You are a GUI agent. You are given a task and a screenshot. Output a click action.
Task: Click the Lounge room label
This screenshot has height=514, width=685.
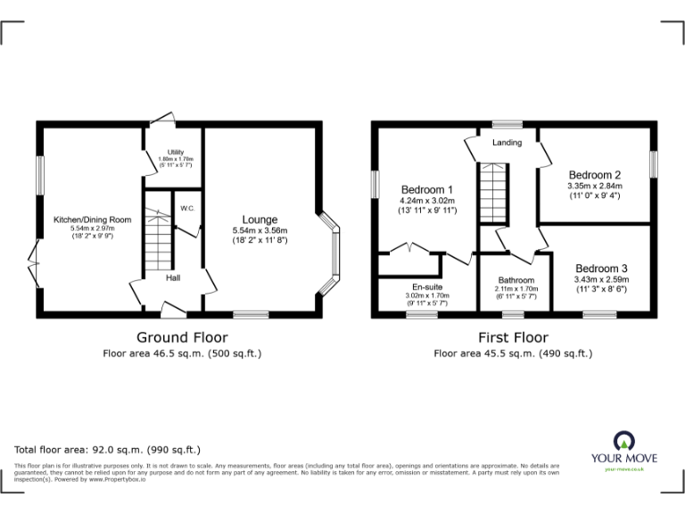[260, 220]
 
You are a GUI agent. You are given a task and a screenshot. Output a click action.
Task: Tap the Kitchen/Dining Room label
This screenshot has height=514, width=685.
[92, 220]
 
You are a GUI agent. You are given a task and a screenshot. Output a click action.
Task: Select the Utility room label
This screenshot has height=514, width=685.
[175, 153]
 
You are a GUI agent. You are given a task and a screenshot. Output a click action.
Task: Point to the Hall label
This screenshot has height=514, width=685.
[176, 278]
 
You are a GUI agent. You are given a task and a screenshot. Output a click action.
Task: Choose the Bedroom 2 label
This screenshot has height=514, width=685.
[594, 175]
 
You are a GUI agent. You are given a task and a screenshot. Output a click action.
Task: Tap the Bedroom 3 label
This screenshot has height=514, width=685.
[601, 269]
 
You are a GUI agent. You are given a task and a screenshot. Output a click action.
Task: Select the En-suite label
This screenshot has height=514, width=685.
[427, 287]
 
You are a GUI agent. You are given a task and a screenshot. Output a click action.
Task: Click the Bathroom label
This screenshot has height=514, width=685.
[516, 280]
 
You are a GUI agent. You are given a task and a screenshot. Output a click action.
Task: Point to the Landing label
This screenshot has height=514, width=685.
[507, 143]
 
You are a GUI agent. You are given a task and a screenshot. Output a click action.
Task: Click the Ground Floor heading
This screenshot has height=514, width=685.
[181, 337]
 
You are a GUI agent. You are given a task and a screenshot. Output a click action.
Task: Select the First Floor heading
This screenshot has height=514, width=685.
[512, 337]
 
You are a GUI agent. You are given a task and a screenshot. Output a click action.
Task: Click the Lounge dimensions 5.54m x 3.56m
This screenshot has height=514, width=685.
[260, 230]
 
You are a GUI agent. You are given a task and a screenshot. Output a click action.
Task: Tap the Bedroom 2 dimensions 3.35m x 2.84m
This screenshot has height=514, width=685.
[594, 187]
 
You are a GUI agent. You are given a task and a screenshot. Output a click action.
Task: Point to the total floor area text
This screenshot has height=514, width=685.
[108, 450]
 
